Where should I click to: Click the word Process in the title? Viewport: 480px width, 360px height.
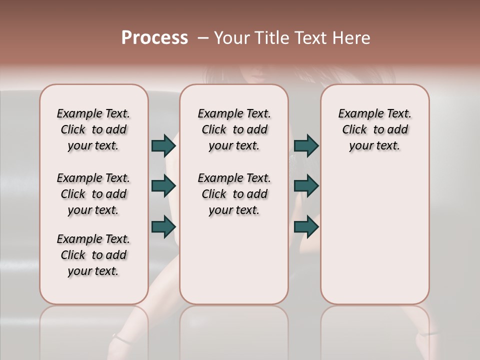pos(154,38)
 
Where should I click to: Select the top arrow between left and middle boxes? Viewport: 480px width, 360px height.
pos(163,145)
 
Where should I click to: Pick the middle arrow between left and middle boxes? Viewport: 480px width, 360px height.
pos(163,186)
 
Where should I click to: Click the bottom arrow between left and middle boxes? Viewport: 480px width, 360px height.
pos(163,227)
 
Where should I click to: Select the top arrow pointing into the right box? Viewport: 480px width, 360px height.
pos(306,145)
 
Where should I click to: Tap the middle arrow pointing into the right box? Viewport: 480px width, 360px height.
pos(306,186)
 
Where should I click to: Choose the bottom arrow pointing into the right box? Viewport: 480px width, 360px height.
pos(306,227)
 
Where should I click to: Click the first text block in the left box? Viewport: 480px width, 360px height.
pos(93,129)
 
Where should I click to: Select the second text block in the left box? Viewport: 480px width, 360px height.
pos(93,194)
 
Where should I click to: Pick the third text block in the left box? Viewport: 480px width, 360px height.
pos(93,255)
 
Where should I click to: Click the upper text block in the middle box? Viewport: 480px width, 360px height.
pos(234,129)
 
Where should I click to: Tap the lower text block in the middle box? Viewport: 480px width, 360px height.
pos(234,194)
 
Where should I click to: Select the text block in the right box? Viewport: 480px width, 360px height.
pos(374,129)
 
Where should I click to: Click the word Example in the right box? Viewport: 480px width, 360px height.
pos(359,114)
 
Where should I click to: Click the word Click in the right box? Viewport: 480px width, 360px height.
pos(354,130)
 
